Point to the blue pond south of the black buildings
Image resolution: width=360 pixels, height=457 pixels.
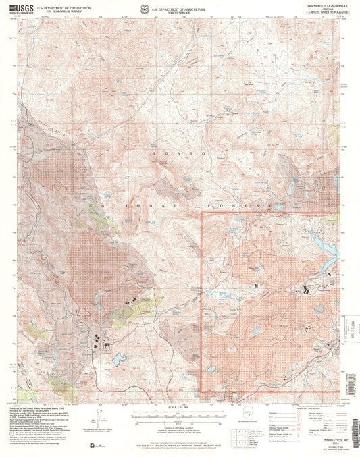pos(120,358)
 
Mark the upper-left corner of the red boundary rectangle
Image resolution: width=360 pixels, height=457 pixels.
pos(202,213)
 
